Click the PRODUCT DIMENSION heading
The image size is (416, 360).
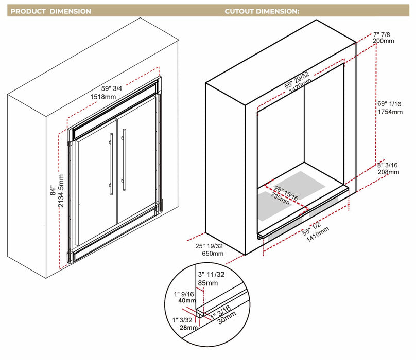[x=51, y=11]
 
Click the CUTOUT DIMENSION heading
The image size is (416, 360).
[x=262, y=11]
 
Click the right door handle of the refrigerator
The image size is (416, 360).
[x=123, y=160]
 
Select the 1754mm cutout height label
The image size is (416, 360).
[x=390, y=112]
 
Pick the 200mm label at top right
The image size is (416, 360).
[x=384, y=40]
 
